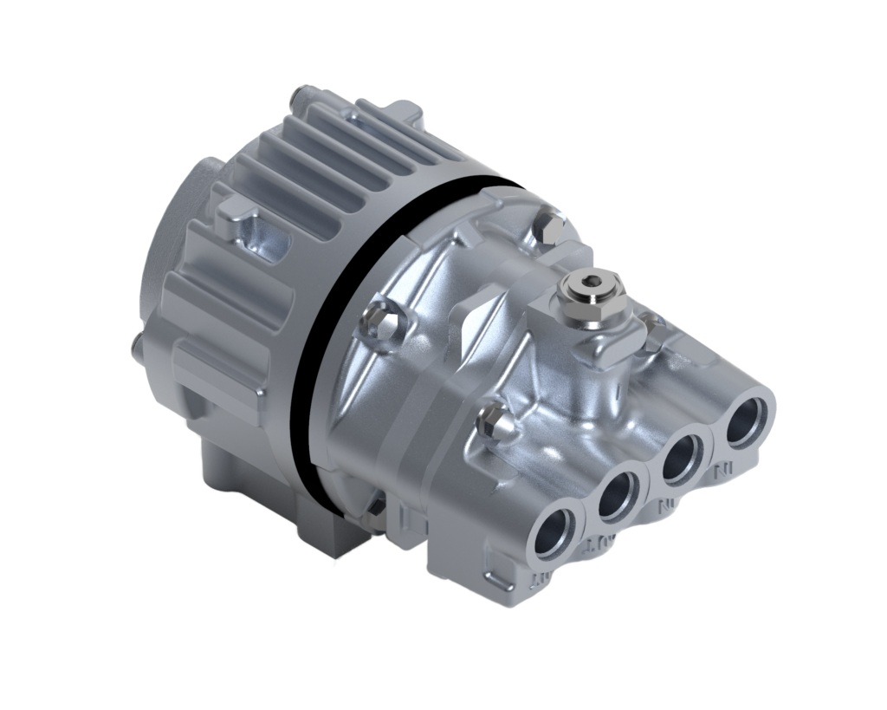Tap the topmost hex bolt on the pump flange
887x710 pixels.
pos(547,228)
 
